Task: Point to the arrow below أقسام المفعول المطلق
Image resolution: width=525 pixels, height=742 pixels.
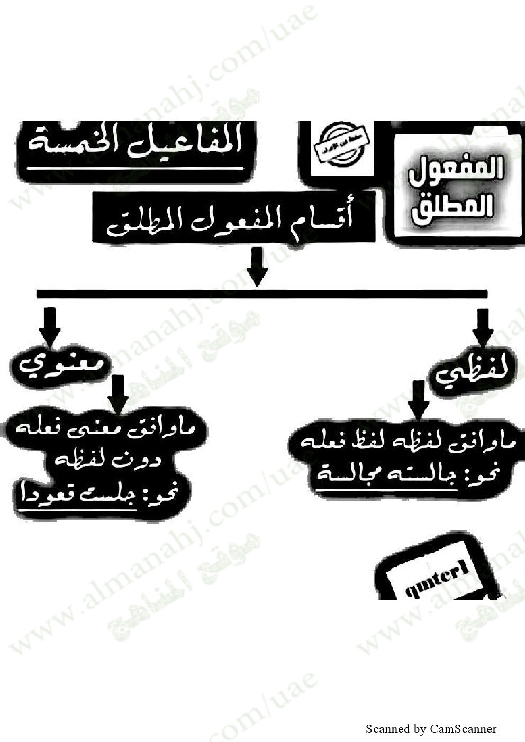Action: [x=258, y=268]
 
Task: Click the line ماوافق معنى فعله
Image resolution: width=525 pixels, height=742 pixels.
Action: [x=101, y=430]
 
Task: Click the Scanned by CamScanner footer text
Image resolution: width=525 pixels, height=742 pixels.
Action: [x=431, y=729]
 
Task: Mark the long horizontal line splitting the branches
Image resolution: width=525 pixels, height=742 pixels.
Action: [x=261, y=294]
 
